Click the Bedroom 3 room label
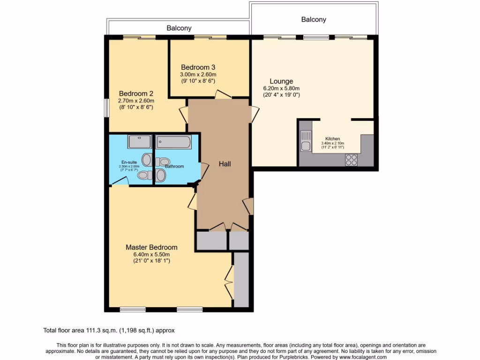tap(198, 67)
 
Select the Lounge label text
tap(281, 81)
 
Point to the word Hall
tap(225, 164)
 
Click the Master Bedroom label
tap(151, 247)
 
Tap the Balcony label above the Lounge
tap(313, 20)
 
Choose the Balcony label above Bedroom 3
tap(179, 28)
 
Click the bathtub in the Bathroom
tap(173, 142)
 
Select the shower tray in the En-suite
tap(140, 142)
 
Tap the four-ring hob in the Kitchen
tap(351, 159)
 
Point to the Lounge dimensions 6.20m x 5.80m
tap(281, 88)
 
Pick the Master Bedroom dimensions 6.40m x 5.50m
tap(151, 255)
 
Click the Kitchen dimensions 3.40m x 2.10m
tap(333, 143)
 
